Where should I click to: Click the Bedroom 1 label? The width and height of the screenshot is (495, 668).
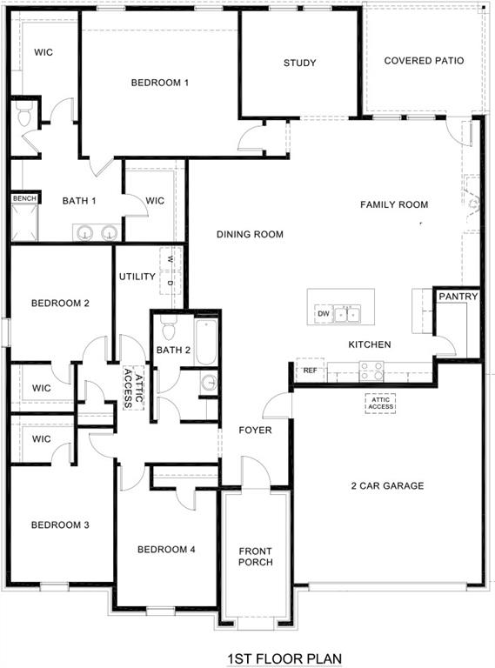coord(160,83)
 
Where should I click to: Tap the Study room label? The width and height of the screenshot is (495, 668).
coord(299,63)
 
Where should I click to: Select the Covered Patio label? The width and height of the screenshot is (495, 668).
coord(424,61)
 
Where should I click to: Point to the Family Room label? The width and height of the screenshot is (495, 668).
coord(394,204)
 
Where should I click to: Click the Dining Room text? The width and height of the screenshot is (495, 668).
coord(251,234)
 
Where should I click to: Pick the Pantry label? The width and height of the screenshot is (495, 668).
coord(458,297)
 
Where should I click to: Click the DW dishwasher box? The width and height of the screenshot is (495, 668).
coord(324,313)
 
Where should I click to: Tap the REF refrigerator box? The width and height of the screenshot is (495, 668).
coord(310,371)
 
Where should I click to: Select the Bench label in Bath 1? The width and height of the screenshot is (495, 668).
coord(24,198)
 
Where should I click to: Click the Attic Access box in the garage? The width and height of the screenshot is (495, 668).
coord(380,403)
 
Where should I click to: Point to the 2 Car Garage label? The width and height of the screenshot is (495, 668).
coord(387,485)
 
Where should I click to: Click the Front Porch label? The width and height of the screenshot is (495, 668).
coord(256,556)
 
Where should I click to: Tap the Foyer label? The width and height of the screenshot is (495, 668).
coord(256,430)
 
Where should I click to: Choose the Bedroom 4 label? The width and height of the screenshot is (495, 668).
coord(166,549)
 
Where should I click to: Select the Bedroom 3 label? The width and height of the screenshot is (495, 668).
coord(60,524)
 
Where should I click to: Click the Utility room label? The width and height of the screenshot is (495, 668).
coord(137,277)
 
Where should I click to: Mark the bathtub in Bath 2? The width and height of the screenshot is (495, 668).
coord(205,342)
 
